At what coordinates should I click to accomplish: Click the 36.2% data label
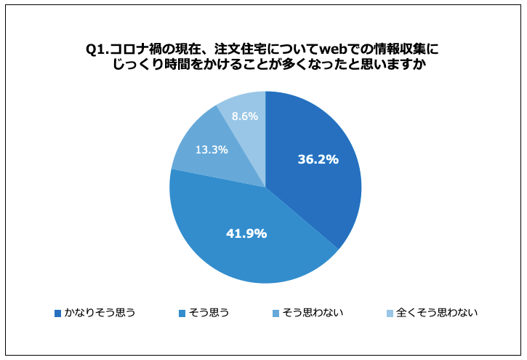(318, 159)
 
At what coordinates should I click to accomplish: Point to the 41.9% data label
(246, 233)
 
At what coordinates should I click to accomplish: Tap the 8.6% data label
(244, 116)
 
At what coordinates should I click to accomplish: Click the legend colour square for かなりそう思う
(58, 313)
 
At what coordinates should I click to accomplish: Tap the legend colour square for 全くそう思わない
(389, 313)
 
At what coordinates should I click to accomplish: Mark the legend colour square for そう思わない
(275, 313)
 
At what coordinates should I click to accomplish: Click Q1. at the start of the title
(97, 49)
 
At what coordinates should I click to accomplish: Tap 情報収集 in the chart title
(400, 49)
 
